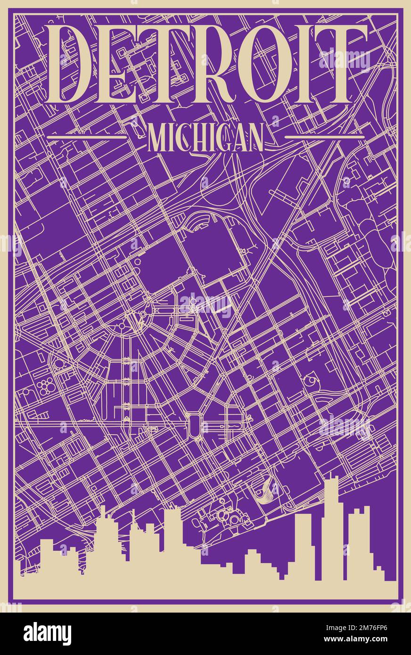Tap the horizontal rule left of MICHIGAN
pos(88,137)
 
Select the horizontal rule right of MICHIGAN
pos(325,137)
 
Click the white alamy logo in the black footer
pos(47,633)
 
